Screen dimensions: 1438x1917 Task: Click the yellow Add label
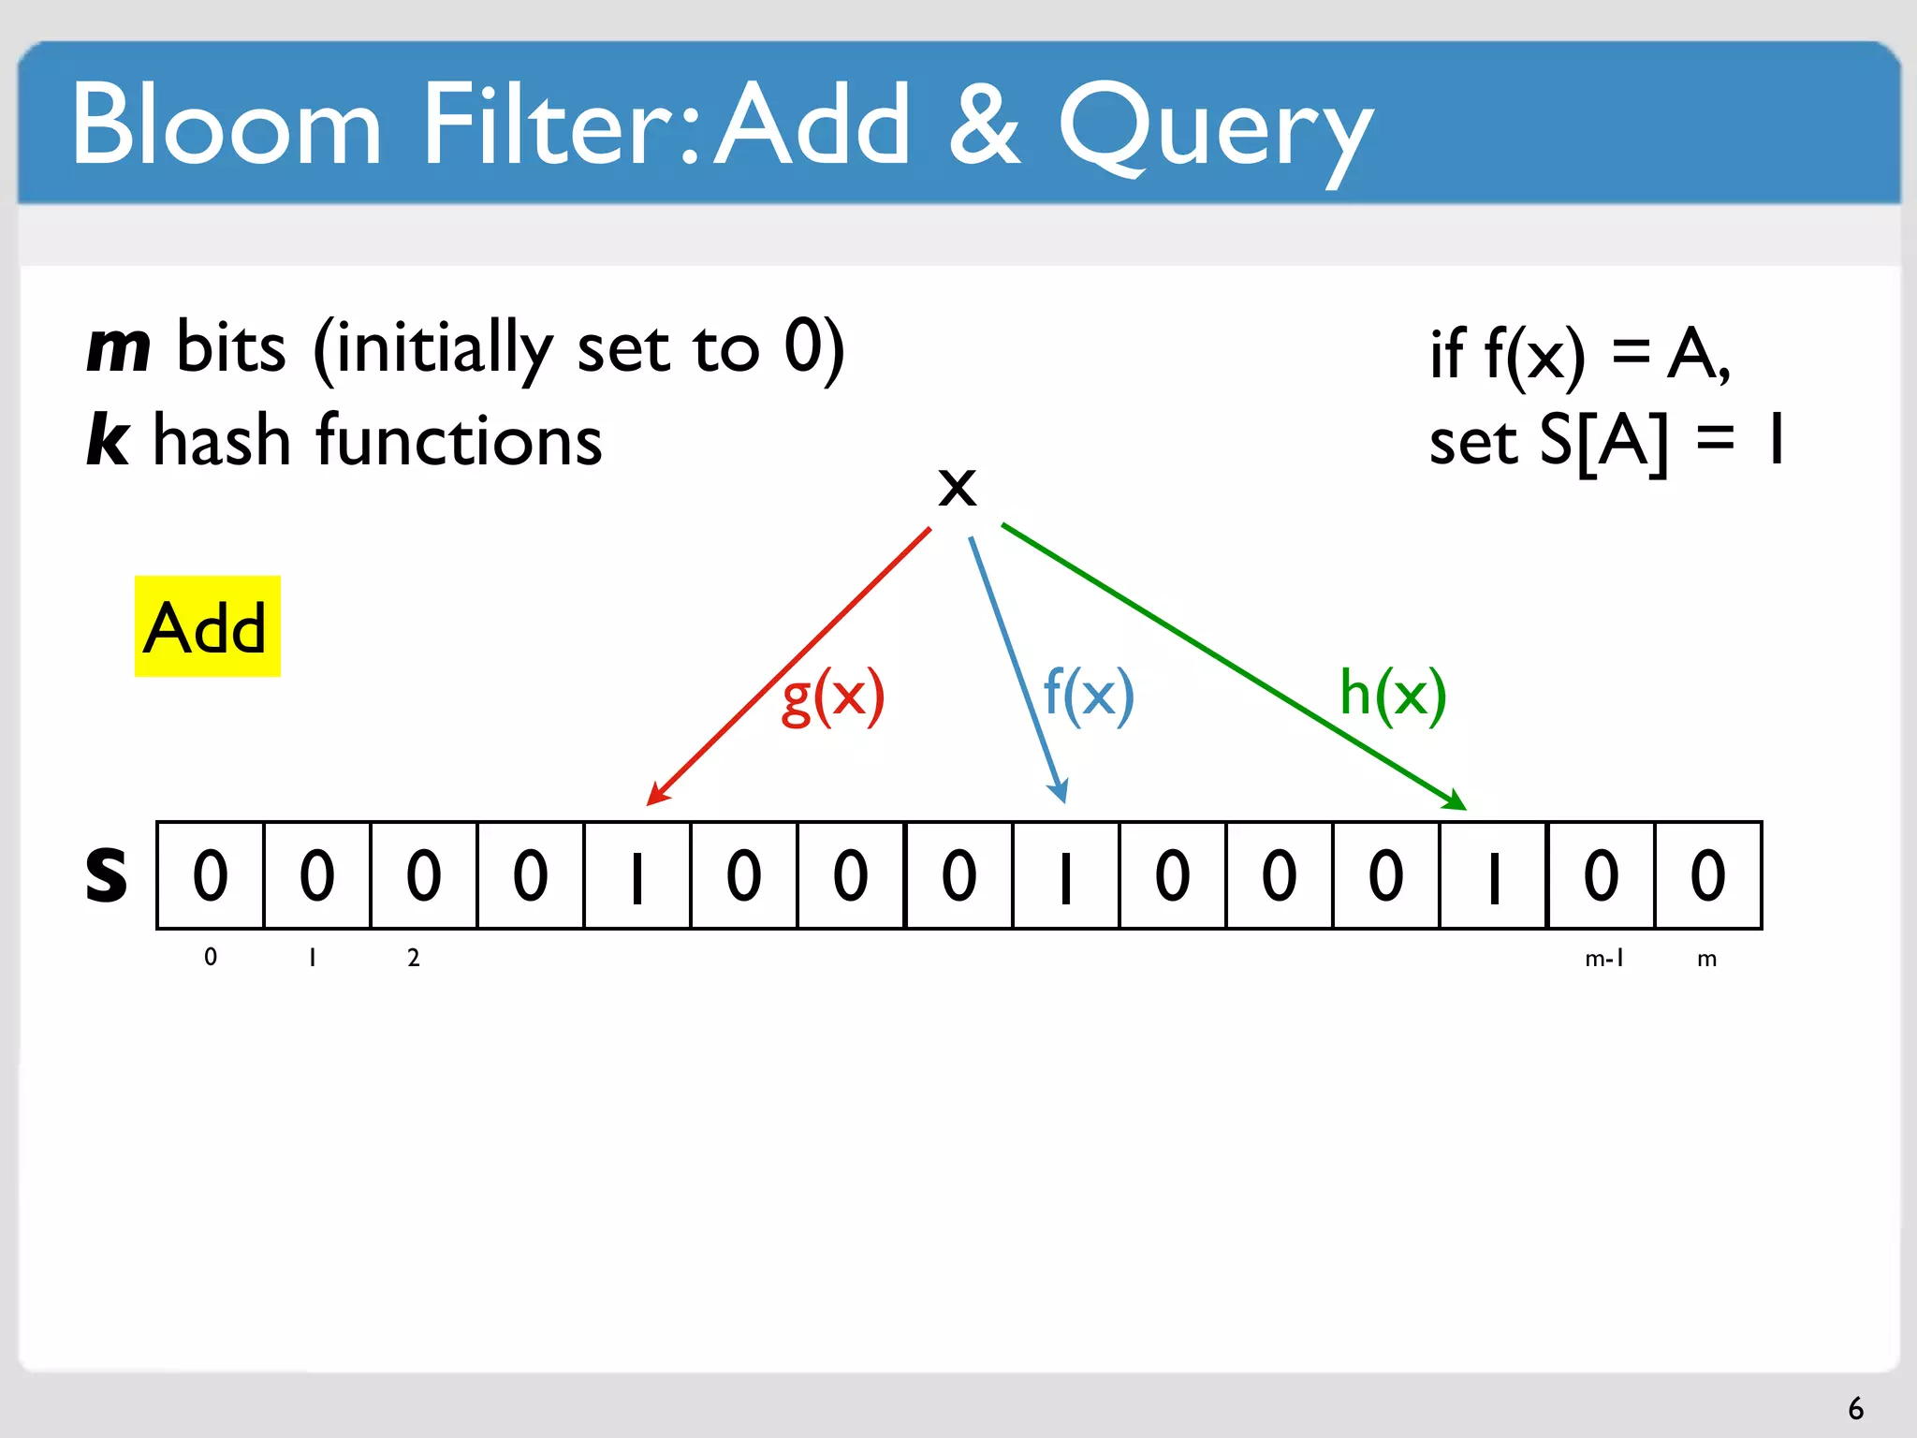(x=207, y=626)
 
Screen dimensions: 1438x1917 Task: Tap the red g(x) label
(x=832, y=696)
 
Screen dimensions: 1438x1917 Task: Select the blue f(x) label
(x=1088, y=694)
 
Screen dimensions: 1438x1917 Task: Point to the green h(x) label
(x=1392, y=694)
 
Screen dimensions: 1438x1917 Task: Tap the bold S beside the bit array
(x=106, y=874)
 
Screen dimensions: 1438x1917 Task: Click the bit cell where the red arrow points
(x=637, y=875)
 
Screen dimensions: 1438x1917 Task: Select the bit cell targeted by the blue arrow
(x=1065, y=875)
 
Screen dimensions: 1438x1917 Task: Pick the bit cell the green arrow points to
(x=1494, y=875)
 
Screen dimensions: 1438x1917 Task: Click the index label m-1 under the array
(x=1603, y=958)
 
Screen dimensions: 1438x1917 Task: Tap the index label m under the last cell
(x=1706, y=959)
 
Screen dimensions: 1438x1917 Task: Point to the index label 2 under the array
(x=413, y=958)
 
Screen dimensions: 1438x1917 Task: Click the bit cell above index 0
(x=211, y=875)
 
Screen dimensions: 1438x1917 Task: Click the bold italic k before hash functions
(x=108, y=439)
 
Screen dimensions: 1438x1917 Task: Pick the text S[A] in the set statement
(x=1602, y=441)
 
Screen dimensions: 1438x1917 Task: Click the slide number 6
(x=1855, y=1408)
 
